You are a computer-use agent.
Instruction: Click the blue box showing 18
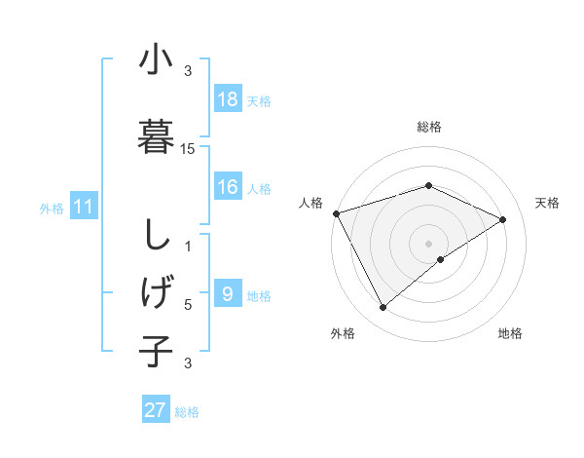(x=228, y=99)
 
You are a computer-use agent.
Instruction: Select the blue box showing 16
(x=228, y=187)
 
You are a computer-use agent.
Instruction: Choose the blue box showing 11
(x=83, y=207)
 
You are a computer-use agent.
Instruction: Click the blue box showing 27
(x=156, y=410)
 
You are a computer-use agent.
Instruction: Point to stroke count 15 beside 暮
(x=188, y=149)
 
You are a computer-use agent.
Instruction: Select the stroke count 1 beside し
(x=188, y=247)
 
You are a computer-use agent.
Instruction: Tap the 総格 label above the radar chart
(x=429, y=128)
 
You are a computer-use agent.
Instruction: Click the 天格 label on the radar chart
(x=547, y=203)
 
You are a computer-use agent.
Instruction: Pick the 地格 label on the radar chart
(x=510, y=333)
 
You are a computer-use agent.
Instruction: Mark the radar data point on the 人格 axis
(x=336, y=213)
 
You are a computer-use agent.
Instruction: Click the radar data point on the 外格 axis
(x=383, y=308)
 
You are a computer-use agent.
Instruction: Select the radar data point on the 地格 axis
(x=441, y=259)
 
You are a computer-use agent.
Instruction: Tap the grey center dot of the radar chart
(x=428, y=243)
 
